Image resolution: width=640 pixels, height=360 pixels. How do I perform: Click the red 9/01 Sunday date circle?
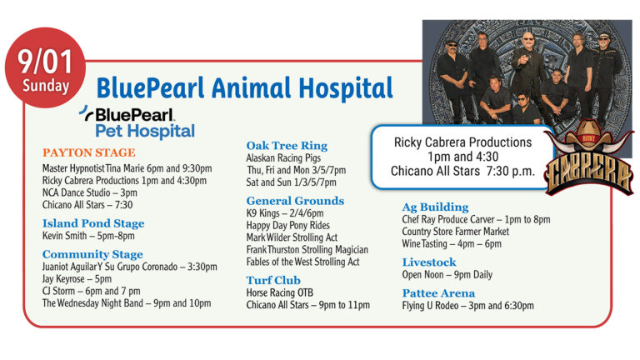coord(46,71)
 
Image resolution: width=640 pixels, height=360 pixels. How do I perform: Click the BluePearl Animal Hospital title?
coord(244,87)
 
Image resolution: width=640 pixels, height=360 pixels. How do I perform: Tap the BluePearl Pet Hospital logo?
coord(138,122)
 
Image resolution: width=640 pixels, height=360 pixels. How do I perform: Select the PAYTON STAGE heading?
coord(88,152)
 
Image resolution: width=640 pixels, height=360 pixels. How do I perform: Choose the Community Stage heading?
coord(92,254)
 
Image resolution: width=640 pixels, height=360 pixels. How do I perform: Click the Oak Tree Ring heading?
coord(287,145)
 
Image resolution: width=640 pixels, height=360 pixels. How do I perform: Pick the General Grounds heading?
coord(295,201)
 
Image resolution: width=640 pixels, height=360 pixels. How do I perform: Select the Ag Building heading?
coord(435,207)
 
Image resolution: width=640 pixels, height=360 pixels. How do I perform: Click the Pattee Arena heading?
coord(438,293)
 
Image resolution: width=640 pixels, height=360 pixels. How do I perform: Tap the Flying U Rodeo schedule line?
coord(467,306)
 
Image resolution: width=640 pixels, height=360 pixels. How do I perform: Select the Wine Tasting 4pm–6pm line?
coord(452,243)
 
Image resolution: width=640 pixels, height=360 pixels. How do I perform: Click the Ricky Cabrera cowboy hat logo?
coord(588,163)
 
